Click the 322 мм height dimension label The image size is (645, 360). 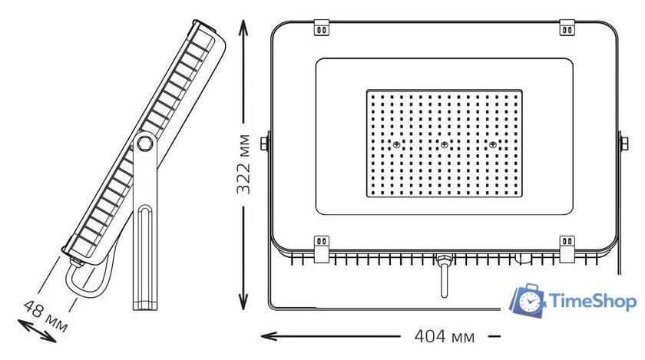(243, 163)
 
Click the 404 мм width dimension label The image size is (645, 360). (444, 336)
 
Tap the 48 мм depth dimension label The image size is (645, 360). (45, 316)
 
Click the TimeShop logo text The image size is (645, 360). (592, 302)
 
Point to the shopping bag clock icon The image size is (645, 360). (528, 300)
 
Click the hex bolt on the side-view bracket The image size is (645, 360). (145, 144)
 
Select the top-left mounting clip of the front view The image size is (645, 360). (322, 28)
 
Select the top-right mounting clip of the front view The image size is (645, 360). (567, 28)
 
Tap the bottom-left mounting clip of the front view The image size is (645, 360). (322, 249)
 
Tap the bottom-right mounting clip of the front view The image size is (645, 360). (567, 249)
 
